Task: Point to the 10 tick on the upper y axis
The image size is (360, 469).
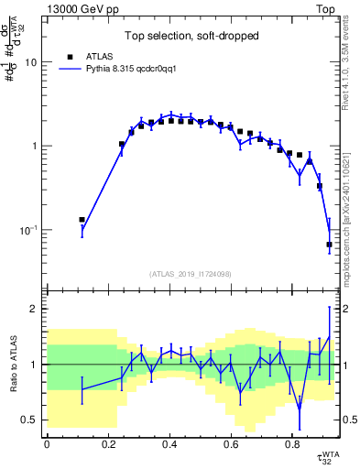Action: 34,62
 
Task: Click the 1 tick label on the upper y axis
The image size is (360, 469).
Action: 37,146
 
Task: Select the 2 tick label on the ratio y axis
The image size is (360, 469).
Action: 37,310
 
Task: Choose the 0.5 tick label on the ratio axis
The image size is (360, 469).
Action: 32,420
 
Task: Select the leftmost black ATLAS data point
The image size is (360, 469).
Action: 82,220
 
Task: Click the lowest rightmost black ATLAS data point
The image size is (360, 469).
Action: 329,245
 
